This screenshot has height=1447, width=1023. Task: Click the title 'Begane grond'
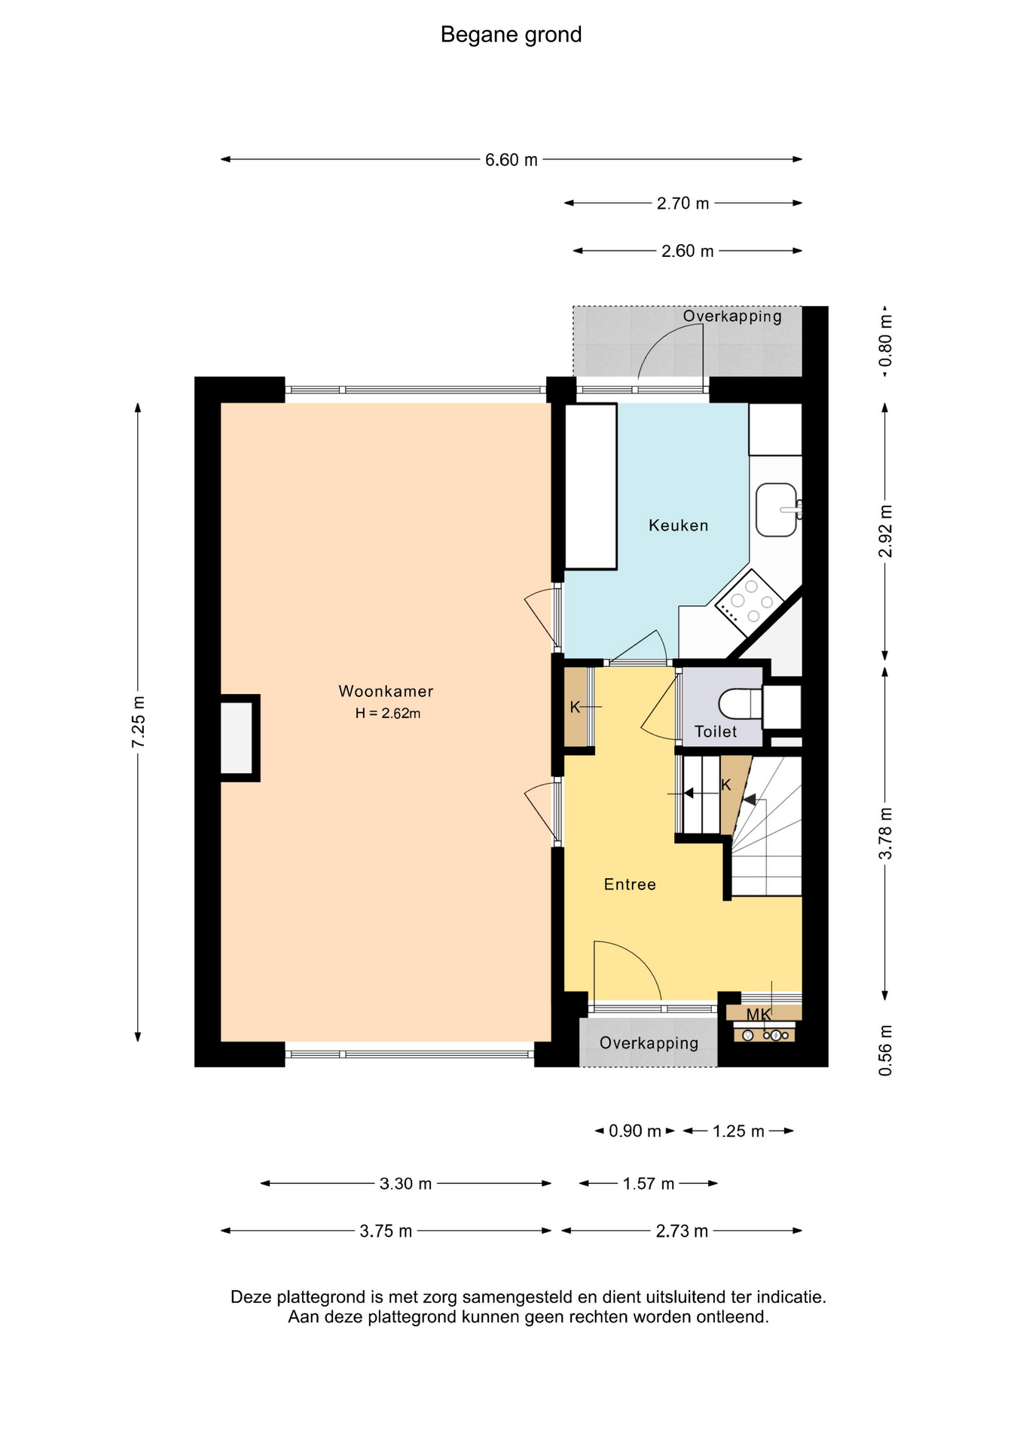tap(511, 35)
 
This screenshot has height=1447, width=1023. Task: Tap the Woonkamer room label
tap(386, 691)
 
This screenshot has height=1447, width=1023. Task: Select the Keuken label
tap(679, 525)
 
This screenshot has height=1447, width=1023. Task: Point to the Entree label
tap(630, 884)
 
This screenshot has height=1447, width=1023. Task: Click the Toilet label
tap(716, 731)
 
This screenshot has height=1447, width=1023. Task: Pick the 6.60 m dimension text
tap(511, 160)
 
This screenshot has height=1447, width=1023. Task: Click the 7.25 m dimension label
tap(139, 723)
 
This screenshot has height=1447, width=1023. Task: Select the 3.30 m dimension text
tap(406, 1183)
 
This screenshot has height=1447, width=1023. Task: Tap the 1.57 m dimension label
tap(649, 1183)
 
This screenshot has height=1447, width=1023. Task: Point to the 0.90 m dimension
tap(635, 1130)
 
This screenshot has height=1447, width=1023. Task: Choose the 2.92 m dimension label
tap(886, 531)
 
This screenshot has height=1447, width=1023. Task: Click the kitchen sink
tap(777, 509)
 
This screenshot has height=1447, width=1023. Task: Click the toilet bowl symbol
tap(741, 705)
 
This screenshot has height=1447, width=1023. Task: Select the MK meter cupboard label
tap(759, 1014)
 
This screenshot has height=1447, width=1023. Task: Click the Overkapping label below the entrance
tap(649, 1043)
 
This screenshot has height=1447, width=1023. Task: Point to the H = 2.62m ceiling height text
tap(388, 713)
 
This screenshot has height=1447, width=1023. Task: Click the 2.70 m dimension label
tap(683, 203)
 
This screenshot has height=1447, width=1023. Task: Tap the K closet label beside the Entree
tap(575, 707)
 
